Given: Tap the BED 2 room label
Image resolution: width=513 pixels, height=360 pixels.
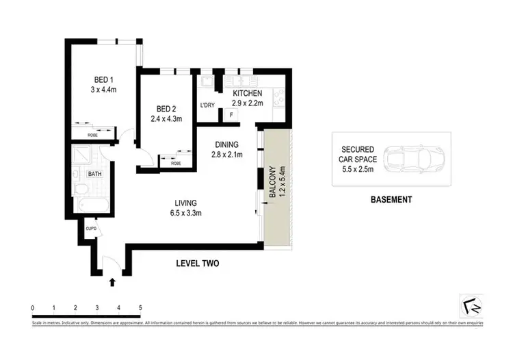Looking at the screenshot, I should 168,109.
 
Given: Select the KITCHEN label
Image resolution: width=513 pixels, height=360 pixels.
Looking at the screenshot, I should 248,93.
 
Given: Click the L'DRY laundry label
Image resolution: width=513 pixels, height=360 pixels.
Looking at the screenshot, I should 207,105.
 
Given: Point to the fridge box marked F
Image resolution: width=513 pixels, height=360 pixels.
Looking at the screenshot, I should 232,115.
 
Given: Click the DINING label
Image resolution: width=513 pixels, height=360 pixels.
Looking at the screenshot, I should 226,144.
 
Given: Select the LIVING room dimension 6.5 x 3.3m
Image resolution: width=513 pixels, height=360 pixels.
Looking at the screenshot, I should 185,213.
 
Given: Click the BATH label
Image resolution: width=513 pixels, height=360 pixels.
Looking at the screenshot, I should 94,174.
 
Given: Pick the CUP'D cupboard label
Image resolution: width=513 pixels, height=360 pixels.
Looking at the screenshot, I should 90,229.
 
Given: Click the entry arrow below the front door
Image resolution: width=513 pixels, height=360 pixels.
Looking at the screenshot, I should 112,280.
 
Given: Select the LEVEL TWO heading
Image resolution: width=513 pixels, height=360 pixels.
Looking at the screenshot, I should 197,263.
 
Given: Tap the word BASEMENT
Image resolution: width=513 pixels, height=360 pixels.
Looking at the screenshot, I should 391,200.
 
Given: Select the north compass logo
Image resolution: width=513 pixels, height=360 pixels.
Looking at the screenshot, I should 471,305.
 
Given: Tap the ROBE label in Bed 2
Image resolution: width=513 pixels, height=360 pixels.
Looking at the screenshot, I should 176,164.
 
